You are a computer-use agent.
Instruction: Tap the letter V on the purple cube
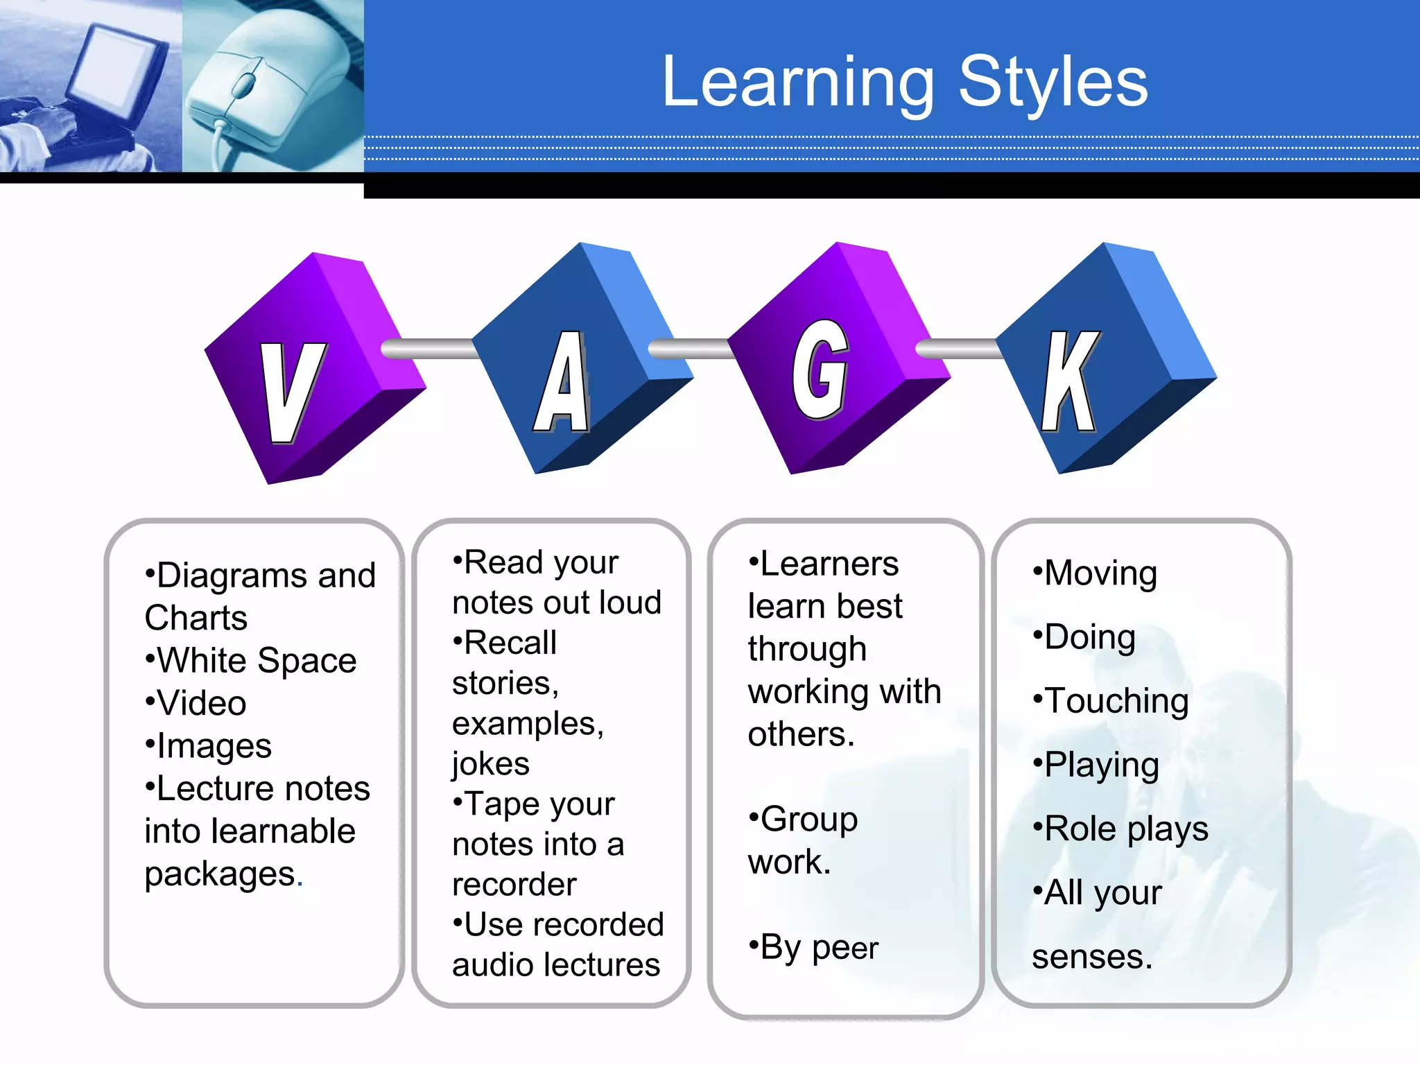pyautogui.click(x=291, y=392)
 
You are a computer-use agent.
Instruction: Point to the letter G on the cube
pyautogui.click(x=820, y=371)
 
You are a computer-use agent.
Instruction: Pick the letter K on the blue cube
pyautogui.click(x=1070, y=381)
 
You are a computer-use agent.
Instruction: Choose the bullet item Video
pyautogui.click(x=201, y=703)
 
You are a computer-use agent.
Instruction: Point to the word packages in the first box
pyautogui.click(x=220, y=874)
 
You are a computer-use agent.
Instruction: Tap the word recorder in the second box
pyautogui.click(x=514, y=885)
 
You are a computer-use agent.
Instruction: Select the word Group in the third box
pyautogui.click(x=808, y=820)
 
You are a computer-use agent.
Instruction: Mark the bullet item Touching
pyautogui.click(x=1116, y=701)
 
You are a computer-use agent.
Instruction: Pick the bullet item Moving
pyautogui.click(x=1100, y=573)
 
